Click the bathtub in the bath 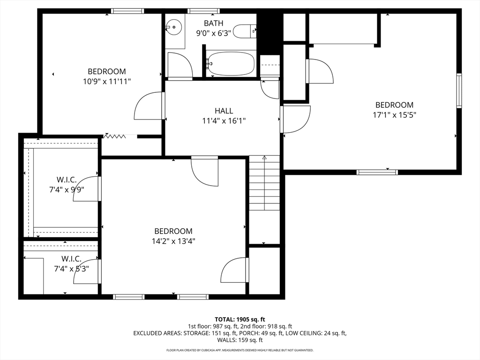(x=230, y=64)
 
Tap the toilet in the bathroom (x=244, y=31)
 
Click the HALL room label (x=224, y=111)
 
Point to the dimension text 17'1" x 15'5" (x=394, y=115)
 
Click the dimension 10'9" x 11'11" (x=107, y=82)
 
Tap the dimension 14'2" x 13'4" (x=173, y=241)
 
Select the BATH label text (x=213, y=23)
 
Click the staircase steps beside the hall (x=264, y=183)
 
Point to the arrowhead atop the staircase (x=264, y=157)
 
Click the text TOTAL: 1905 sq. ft (x=240, y=320)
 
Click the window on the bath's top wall (x=201, y=11)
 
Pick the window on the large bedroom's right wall (x=459, y=90)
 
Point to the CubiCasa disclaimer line (x=240, y=350)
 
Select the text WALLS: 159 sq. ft (x=240, y=340)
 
